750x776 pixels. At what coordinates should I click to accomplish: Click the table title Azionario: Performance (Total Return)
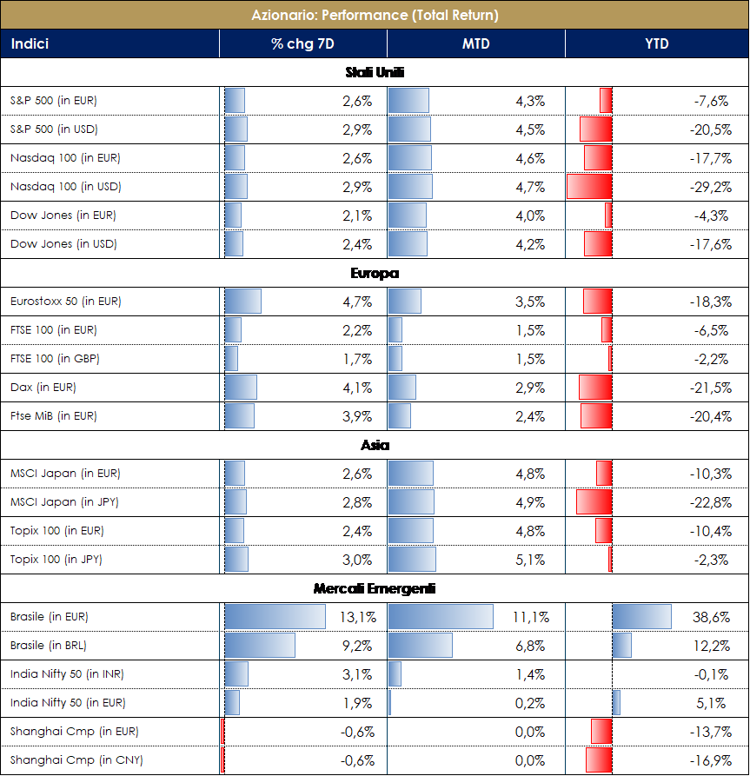tap(375, 15)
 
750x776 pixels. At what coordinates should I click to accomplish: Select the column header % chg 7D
tap(302, 43)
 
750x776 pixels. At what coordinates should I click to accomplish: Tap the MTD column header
tap(476, 43)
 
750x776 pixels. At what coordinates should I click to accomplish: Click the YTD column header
tap(657, 43)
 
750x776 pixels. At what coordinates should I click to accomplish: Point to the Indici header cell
tap(30, 43)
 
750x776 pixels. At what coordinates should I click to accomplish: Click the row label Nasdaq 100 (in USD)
tap(66, 187)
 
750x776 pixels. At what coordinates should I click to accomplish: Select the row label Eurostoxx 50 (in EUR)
tap(66, 302)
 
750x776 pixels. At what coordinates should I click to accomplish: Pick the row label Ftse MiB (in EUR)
tap(54, 416)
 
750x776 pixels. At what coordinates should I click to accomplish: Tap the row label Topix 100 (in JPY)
tap(56, 559)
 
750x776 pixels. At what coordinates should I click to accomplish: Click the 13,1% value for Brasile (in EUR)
tap(362, 618)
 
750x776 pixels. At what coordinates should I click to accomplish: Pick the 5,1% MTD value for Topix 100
tap(530, 560)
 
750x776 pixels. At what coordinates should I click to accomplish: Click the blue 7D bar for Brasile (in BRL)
tap(260, 646)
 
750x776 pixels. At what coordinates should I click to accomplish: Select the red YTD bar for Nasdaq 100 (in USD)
tap(589, 187)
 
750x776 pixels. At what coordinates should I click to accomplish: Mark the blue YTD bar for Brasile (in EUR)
tap(642, 617)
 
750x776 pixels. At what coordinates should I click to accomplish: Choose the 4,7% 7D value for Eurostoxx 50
tap(358, 302)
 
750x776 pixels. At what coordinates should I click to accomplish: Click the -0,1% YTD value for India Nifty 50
tap(714, 674)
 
